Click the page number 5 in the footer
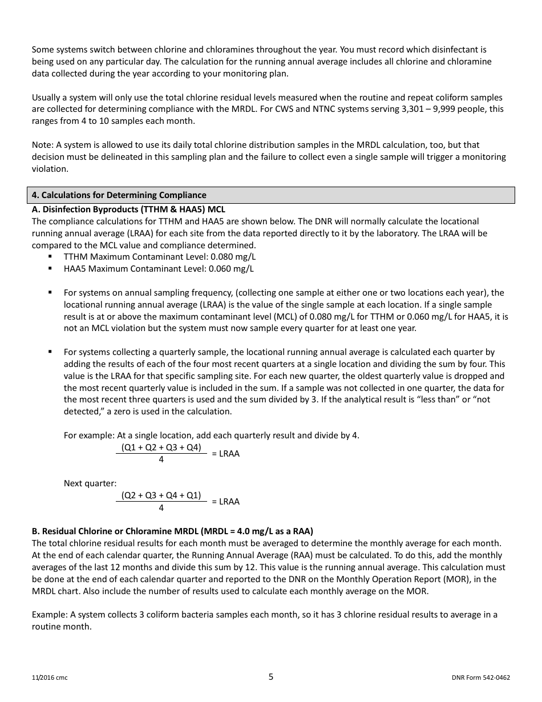click(x=271, y=677)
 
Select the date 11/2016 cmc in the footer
click(x=50, y=678)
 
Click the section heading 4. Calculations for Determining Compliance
click(x=119, y=195)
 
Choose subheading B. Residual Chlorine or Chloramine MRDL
click(x=172, y=531)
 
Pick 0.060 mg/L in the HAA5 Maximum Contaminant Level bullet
click(x=231, y=269)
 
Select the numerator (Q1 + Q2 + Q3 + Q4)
click(x=161, y=447)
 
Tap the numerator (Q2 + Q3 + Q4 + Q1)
click(x=161, y=495)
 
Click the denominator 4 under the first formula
click(x=161, y=459)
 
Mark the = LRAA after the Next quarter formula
click(x=226, y=502)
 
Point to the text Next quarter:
click(x=90, y=483)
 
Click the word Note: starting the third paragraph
click(x=43, y=145)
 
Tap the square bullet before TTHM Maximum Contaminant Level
click(x=51, y=257)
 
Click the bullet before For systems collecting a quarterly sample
click(x=51, y=352)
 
